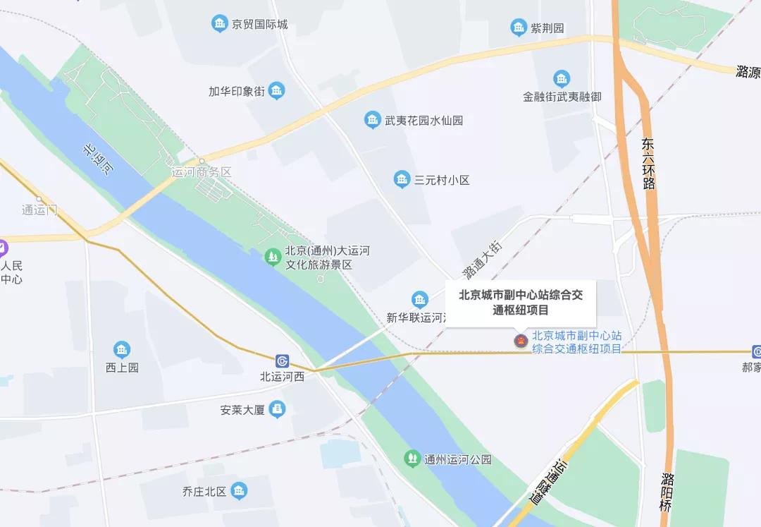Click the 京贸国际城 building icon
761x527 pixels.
coord(220,24)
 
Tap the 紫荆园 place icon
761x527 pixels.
coord(519,28)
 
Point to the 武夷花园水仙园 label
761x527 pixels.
coord(423,120)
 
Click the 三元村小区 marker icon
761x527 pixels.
coord(402,180)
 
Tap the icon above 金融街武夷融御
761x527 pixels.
coord(562,78)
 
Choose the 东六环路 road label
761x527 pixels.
coord(648,163)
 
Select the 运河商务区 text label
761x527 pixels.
coord(202,172)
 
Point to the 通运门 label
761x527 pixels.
coord(39,210)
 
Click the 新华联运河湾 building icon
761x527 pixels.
coord(420,300)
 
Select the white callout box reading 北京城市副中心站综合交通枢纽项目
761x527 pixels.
coord(521,302)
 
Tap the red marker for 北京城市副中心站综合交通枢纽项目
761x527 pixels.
coord(521,342)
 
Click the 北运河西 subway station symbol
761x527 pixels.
coord(283,361)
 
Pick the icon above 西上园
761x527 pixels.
coord(122,350)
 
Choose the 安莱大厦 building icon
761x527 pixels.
coord(278,408)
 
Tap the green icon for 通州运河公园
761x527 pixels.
coord(412,459)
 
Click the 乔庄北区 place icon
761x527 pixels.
coord(239,491)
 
